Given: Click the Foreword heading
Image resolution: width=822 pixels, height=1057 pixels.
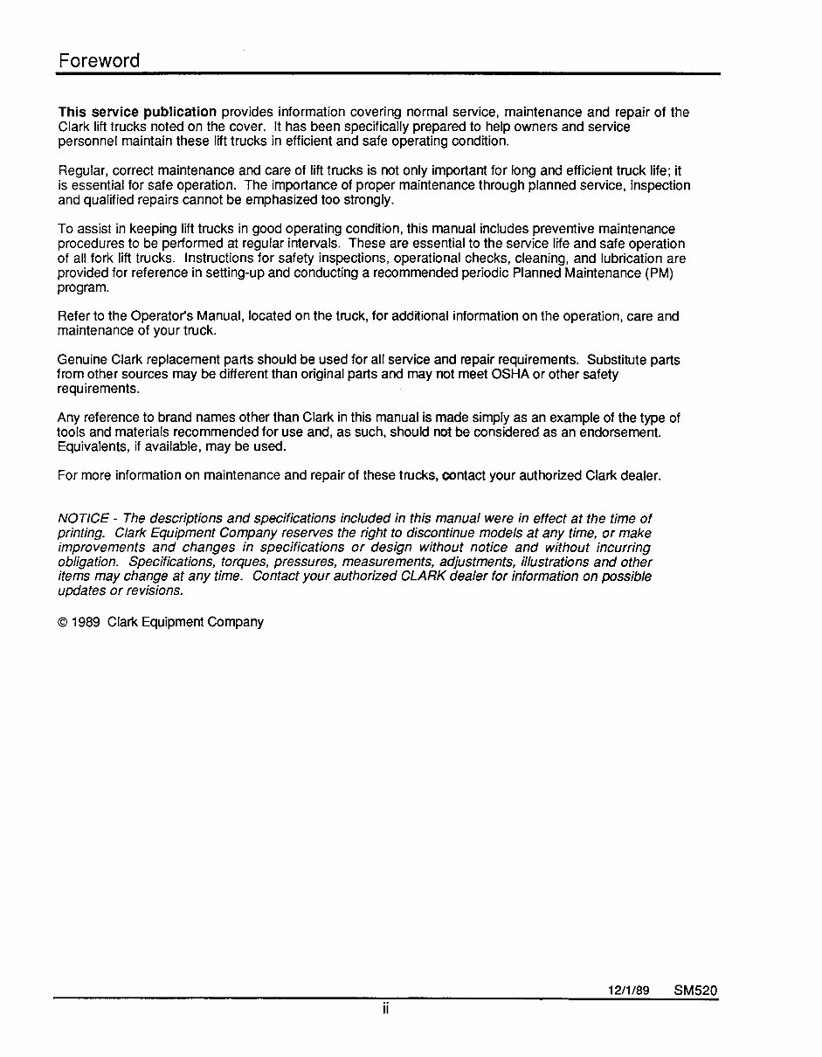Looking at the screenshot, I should pos(99,60).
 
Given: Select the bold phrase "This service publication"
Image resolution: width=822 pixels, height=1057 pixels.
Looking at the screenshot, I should pos(137,112).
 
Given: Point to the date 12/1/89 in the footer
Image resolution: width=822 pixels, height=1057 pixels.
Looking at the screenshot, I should pos(629,991).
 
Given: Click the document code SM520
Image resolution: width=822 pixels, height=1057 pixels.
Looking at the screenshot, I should pos(695,991).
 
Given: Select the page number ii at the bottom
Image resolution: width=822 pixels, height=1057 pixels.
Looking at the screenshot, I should pos(385,1010).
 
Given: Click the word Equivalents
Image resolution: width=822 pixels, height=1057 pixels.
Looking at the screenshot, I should pos(92,446).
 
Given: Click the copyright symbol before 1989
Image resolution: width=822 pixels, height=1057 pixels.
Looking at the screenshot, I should pos(62,622).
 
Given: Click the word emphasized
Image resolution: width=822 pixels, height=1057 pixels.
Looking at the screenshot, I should pos(258,199).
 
